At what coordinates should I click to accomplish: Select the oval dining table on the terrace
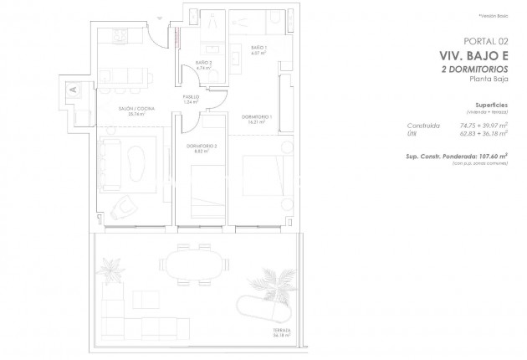[196, 264]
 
